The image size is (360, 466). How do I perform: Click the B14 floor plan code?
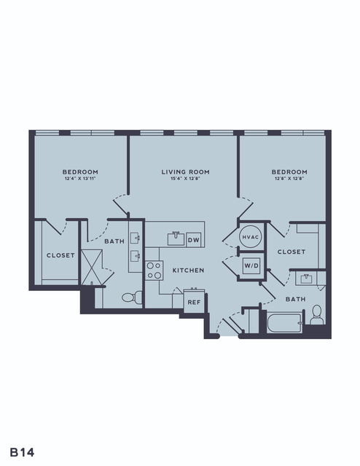coord(22,452)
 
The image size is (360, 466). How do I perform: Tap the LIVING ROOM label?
coord(186,172)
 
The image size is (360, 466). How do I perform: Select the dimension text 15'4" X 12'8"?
coord(186,179)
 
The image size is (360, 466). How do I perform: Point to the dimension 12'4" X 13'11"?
coord(80,179)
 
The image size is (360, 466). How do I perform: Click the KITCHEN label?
coord(188,270)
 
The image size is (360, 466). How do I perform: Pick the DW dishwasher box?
coord(194,239)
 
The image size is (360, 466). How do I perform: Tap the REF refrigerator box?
coord(194,301)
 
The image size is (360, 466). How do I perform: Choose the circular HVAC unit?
coord(251,237)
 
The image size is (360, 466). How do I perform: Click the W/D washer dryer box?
coord(251,265)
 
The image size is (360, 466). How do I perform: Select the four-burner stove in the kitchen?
coord(154,271)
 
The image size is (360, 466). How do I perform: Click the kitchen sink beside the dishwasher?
coord(176,239)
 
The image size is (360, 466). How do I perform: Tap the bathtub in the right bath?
coord(284,323)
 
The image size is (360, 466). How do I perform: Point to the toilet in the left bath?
coord(132,297)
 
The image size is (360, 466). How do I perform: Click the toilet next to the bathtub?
coord(317,315)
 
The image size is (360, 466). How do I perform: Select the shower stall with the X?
coord(92,268)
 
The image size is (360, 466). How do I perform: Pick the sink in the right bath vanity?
coord(306,279)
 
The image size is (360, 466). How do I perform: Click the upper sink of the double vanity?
coord(136,238)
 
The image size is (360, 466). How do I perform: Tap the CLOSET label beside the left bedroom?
coord(60,255)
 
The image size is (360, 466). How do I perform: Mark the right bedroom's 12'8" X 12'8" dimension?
coord(289,179)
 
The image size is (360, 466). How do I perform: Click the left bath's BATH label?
coord(114,241)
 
